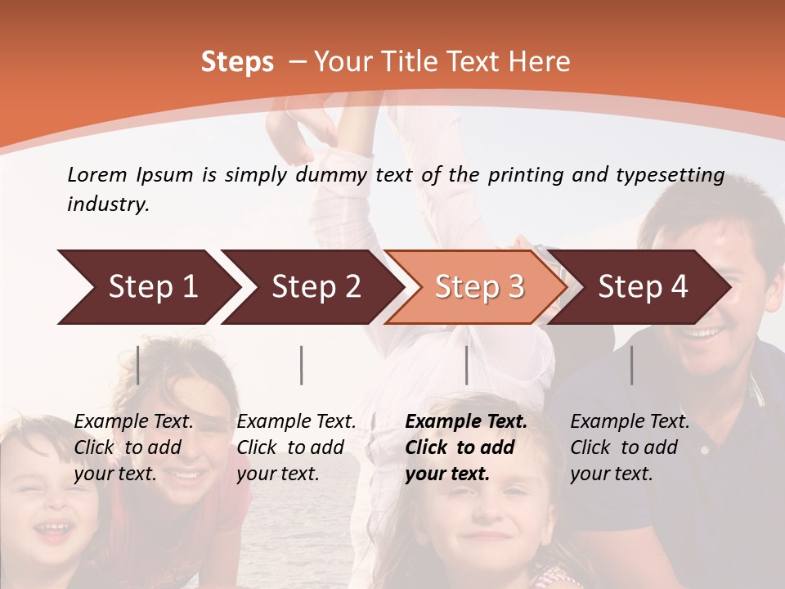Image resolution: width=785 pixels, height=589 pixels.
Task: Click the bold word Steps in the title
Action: pyautogui.click(x=237, y=62)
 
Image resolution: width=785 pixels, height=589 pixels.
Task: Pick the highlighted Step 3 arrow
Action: pyautogui.click(x=479, y=287)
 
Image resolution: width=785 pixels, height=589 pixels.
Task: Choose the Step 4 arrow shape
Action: pyautogui.click(x=643, y=287)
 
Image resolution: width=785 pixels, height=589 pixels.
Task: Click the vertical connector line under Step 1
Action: pyautogui.click(x=138, y=365)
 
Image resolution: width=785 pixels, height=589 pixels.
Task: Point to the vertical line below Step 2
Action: pyautogui.click(x=302, y=365)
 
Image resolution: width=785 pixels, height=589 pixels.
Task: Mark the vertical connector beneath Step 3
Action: pyautogui.click(x=466, y=365)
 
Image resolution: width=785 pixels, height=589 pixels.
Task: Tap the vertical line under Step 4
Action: pyautogui.click(x=631, y=365)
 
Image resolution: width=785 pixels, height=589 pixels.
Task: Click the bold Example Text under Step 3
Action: pyautogui.click(x=466, y=447)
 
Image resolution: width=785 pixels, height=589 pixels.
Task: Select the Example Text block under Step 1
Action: pyautogui.click(x=133, y=447)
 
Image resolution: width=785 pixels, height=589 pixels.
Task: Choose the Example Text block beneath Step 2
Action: pyautogui.click(x=296, y=447)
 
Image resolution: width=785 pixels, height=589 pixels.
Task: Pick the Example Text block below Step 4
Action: pyautogui.click(x=630, y=447)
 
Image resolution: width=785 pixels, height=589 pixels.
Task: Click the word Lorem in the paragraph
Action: pyautogui.click(x=96, y=174)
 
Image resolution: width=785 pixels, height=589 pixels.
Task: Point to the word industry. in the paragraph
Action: pyautogui.click(x=108, y=205)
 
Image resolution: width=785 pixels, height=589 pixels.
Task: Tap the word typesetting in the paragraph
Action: pyautogui.click(x=675, y=174)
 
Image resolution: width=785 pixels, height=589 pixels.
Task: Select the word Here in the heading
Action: pyautogui.click(x=539, y=62)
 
